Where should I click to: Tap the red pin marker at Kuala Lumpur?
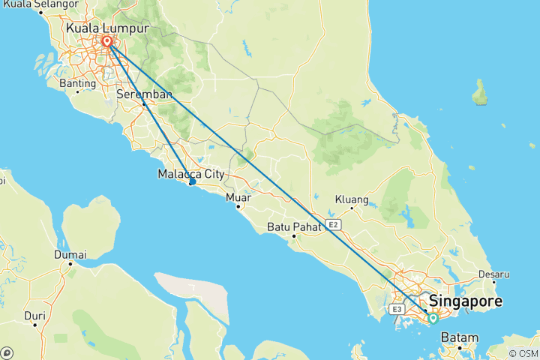tap(107, 43)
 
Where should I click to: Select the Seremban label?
tap(145, 94)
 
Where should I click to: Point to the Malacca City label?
tap(191, 174)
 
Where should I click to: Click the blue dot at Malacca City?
tap(193, 182)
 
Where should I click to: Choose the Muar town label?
tap(239, 197)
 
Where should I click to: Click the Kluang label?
tap(352, 199)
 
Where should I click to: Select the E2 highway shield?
tap(334, 223)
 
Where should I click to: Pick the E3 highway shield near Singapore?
tap(397, 309)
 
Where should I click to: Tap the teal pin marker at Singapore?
tap(433, 319)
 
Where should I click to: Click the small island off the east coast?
tap(479, 94)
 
